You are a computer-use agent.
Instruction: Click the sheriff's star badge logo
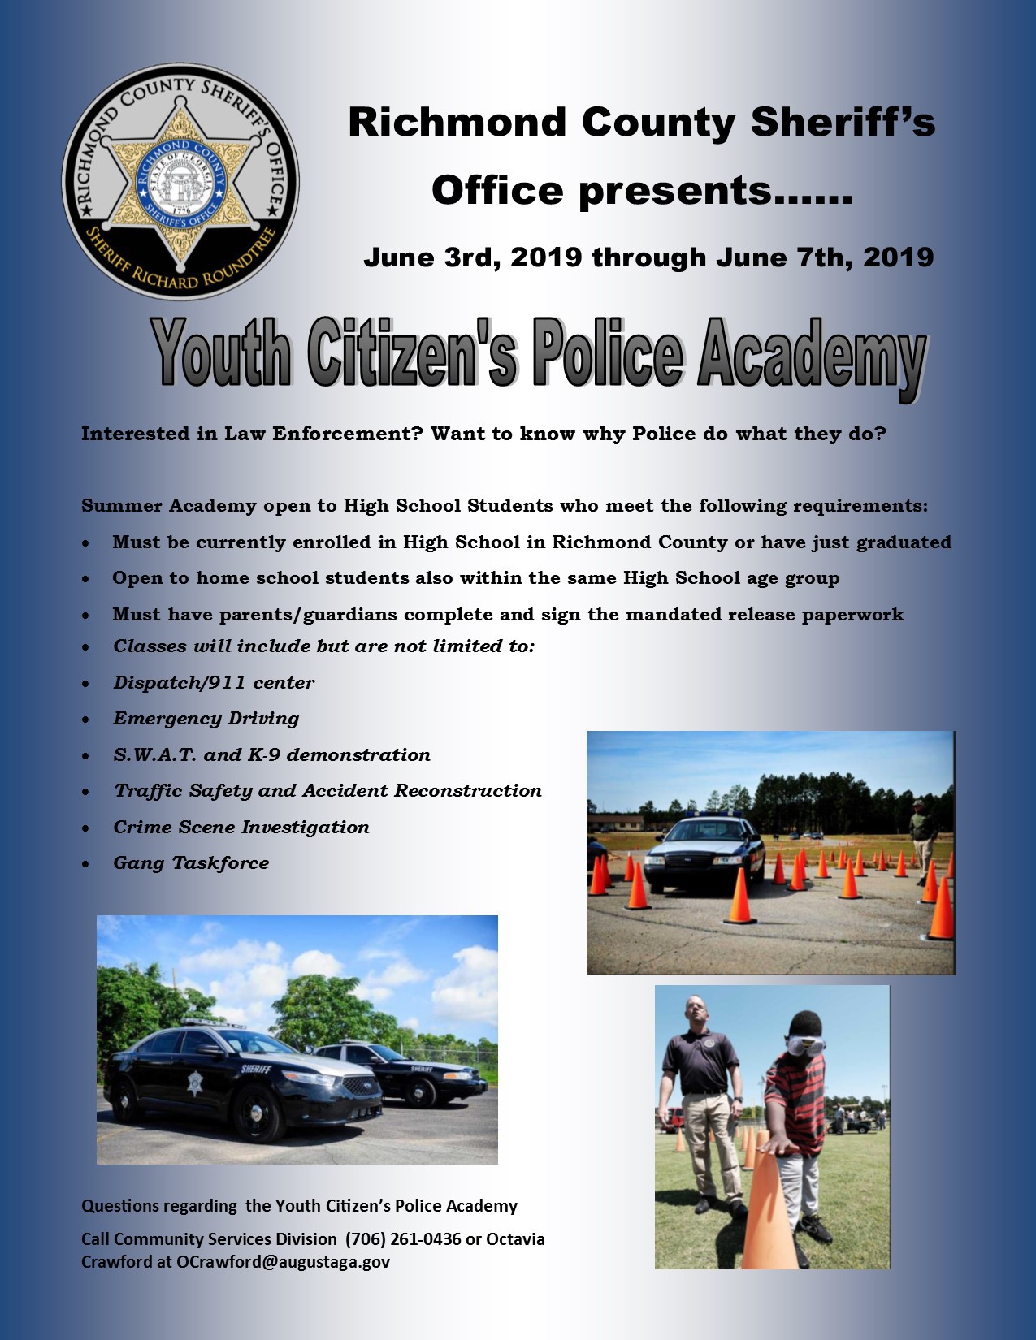(x=180, y=181)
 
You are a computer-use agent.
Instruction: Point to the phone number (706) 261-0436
(x=402, y=1238)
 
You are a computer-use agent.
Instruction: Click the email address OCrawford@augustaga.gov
(x=284, y=1262)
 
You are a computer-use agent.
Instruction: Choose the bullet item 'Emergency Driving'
(x=206, y=719)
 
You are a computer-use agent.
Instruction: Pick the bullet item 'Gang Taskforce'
(x=191, y=862)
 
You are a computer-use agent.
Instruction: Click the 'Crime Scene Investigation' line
(x=241, y=827)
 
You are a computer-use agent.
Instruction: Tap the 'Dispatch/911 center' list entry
(x=215, y=682)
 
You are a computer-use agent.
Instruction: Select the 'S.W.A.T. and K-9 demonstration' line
(x=272, y=754)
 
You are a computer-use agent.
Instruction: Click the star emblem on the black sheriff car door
(x=195, y=1083)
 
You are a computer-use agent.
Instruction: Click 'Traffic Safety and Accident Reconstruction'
(x=327, y=790)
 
